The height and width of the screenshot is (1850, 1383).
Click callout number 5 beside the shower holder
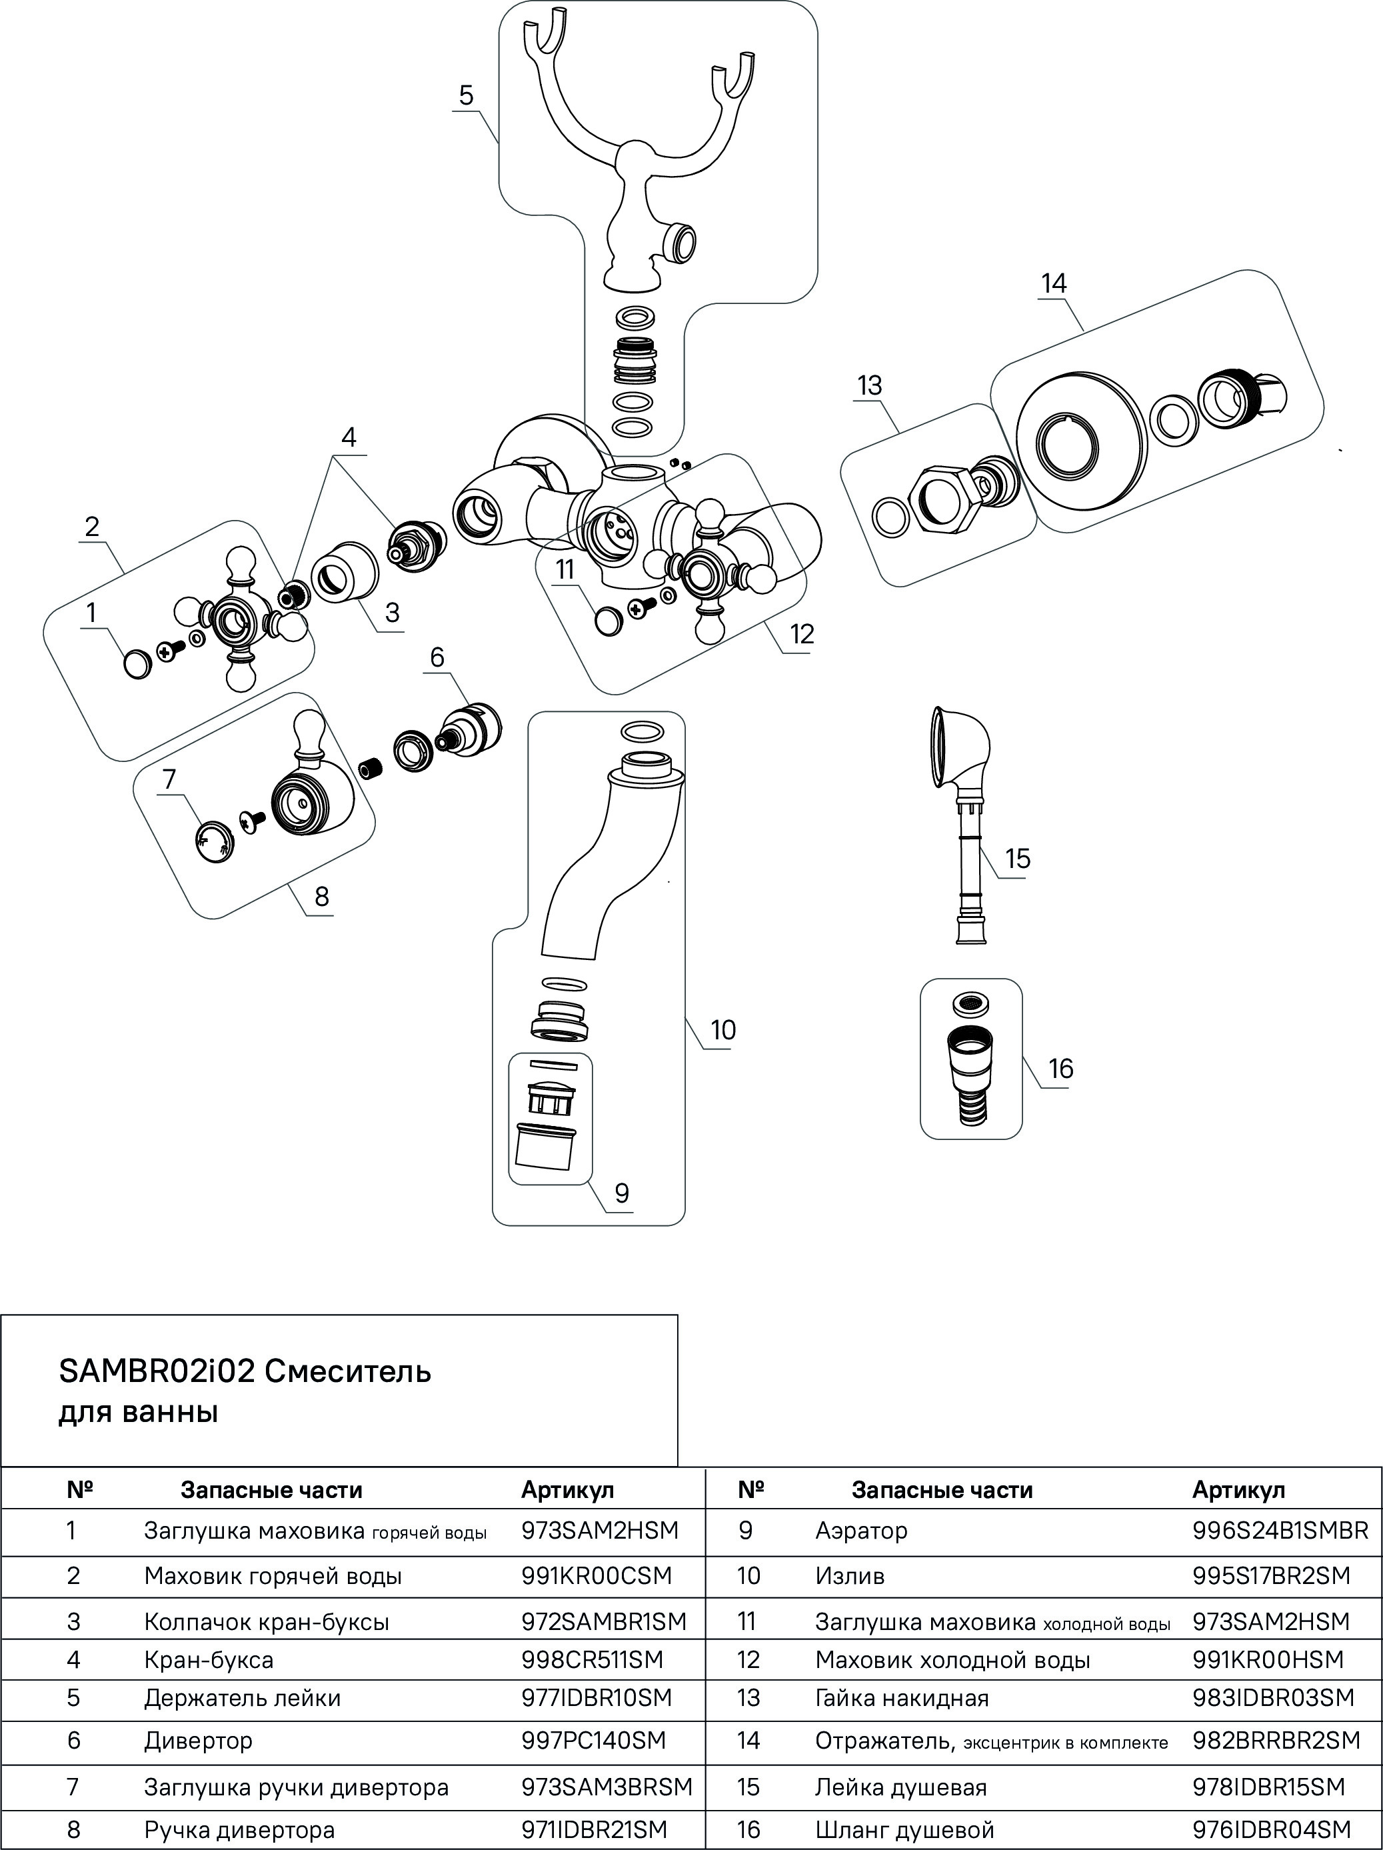coord(466,96)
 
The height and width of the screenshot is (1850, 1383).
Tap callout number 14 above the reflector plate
coord(1054,283)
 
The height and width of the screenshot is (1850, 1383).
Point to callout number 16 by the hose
coord(1060,1068)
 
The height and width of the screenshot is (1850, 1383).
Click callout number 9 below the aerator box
coord(621,1193)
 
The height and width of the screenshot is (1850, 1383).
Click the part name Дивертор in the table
coord(198,1741)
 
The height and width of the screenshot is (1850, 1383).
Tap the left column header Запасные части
coord(272,1489)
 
